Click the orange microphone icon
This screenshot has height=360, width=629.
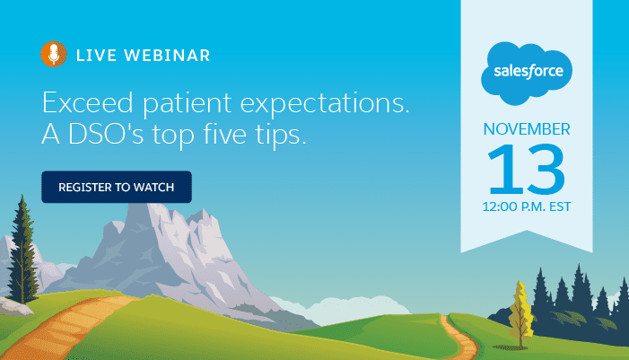[54, 54]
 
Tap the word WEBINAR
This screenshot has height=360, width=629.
[167, 56]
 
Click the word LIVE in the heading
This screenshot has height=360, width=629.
[96, 56]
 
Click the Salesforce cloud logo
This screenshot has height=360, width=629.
[527, 74]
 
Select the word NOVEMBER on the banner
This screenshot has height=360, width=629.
[527, 129]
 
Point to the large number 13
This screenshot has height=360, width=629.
[526, 170]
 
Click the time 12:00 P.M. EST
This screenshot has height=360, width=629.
[527, 206]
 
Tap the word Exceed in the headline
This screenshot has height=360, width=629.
[87, 102]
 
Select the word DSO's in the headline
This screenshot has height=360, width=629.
[106, 134]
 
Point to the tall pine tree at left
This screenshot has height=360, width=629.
[22, 250]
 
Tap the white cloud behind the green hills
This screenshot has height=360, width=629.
[341, 308]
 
